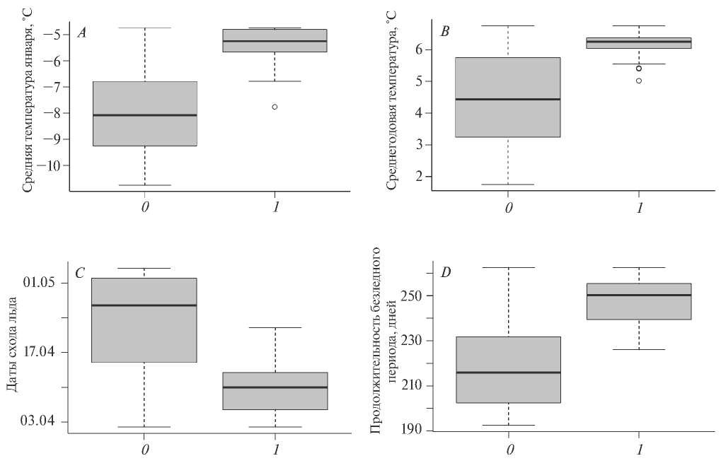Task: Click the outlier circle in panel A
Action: tap(275, 107)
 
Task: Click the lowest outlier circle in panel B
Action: tap(639, 81)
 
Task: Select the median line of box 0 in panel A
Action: tap(145, 115)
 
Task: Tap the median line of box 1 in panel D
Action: tap(639, 295)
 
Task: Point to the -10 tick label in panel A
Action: tap(50, 165)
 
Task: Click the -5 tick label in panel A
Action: tap(56, 35)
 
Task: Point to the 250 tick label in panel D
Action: tap(413, 296)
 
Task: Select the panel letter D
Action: tap(445, 273)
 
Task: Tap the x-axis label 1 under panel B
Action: tap(640, 208)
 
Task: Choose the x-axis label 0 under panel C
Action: tap(145, 449)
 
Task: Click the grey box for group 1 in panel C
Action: tap(275, 391)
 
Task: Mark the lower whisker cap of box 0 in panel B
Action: tap(508, 185)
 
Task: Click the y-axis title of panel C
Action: tap(13, 344)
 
